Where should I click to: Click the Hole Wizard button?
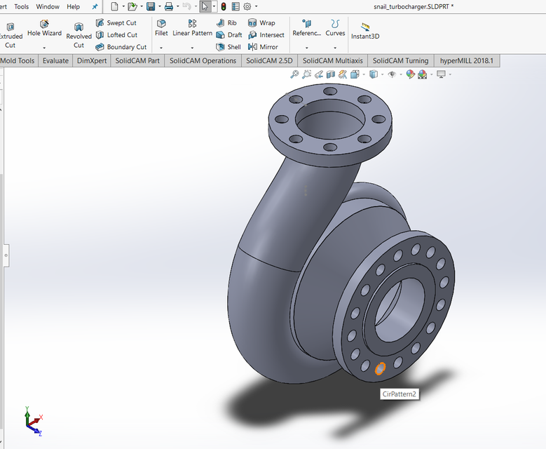click(x=44, y=28)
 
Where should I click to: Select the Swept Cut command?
click(x=116, y=23)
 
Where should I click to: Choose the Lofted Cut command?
click(x=116, y=35)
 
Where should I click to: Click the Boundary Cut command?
click(x=121, y=47)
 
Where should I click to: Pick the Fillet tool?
click(x=161, y=28)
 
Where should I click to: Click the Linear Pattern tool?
click(x=192, y=28)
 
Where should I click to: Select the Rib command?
click(x=226, y=23)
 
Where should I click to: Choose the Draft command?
click(x=229, y=35)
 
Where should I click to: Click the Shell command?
click(x=228, y=47)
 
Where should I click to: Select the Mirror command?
click(x=263, y=47)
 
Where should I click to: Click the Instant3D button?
click(x=365, y=30)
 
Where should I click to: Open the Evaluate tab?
click(x=55, y=61)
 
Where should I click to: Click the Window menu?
click(x=48, y=6)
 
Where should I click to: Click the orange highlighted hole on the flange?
click(x=381, y=368)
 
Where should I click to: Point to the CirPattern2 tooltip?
click(x=399, y=394)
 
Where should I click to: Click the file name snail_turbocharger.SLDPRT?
click(x=414, y=6)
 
